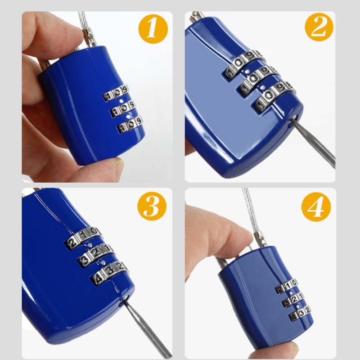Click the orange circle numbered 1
[153, 29]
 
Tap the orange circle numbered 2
[319, 27]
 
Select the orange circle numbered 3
[152, 206]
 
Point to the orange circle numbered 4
[316, 207]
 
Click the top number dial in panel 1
[116, 93]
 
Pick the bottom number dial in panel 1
[130, 125]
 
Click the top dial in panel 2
[244, 64]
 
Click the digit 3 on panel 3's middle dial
[84, 261]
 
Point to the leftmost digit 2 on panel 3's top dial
[72, 243]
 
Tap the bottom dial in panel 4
[300, 314]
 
